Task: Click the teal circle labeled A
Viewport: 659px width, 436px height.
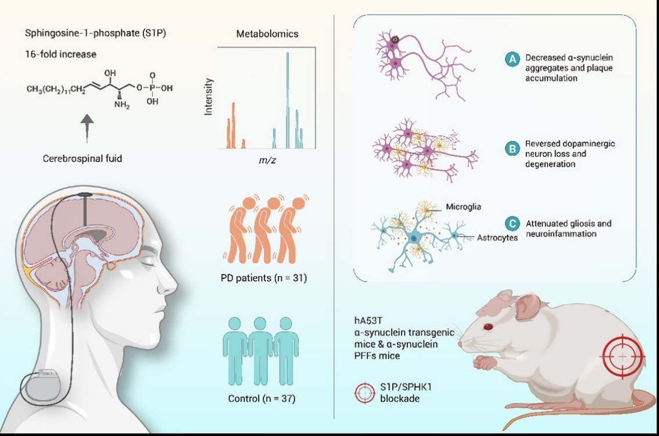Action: click(512, 59)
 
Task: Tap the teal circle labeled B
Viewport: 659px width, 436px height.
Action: click(512, 149)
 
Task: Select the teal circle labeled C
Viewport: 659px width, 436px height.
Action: click(512, 224)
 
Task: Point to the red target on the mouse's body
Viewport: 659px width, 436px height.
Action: click(622, 355)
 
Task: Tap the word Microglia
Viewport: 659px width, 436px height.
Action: click(463, 207)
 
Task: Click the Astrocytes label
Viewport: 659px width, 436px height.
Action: click(497, 238)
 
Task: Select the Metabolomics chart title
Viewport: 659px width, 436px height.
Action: click(267, 34)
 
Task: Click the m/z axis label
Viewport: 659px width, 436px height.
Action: click(267, 160)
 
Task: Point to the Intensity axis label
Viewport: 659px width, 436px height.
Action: click(210, 97)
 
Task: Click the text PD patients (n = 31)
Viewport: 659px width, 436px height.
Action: click(264, 278)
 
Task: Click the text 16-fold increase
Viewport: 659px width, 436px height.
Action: click(60, 54)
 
